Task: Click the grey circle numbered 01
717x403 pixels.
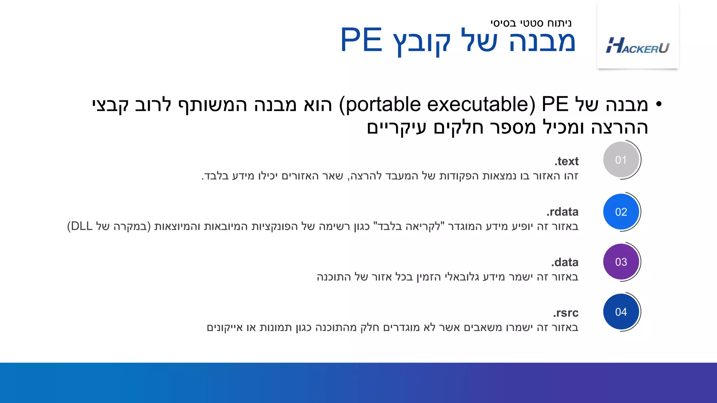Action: tap(621, 160)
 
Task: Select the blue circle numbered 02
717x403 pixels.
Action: tap(621, 212)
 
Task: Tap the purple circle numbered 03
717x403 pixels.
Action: tap(621, 262)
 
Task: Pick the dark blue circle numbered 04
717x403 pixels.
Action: tap(621, 312)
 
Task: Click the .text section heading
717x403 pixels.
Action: tap(566, 161)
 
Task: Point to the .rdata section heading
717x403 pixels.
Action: tap(562, 212)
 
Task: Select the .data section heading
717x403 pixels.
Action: tap(564, 262)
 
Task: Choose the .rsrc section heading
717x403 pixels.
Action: tap(565, 312)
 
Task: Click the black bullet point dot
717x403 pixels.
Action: tap(659, 104)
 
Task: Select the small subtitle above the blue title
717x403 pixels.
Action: tap(531, 23)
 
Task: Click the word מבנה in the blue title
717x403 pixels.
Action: tap(542, 41)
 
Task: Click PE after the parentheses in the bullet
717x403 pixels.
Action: tap(555, 105)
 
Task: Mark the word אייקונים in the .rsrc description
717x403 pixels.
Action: tap(224, 328)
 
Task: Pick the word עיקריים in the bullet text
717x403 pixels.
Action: tap(396, 127)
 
